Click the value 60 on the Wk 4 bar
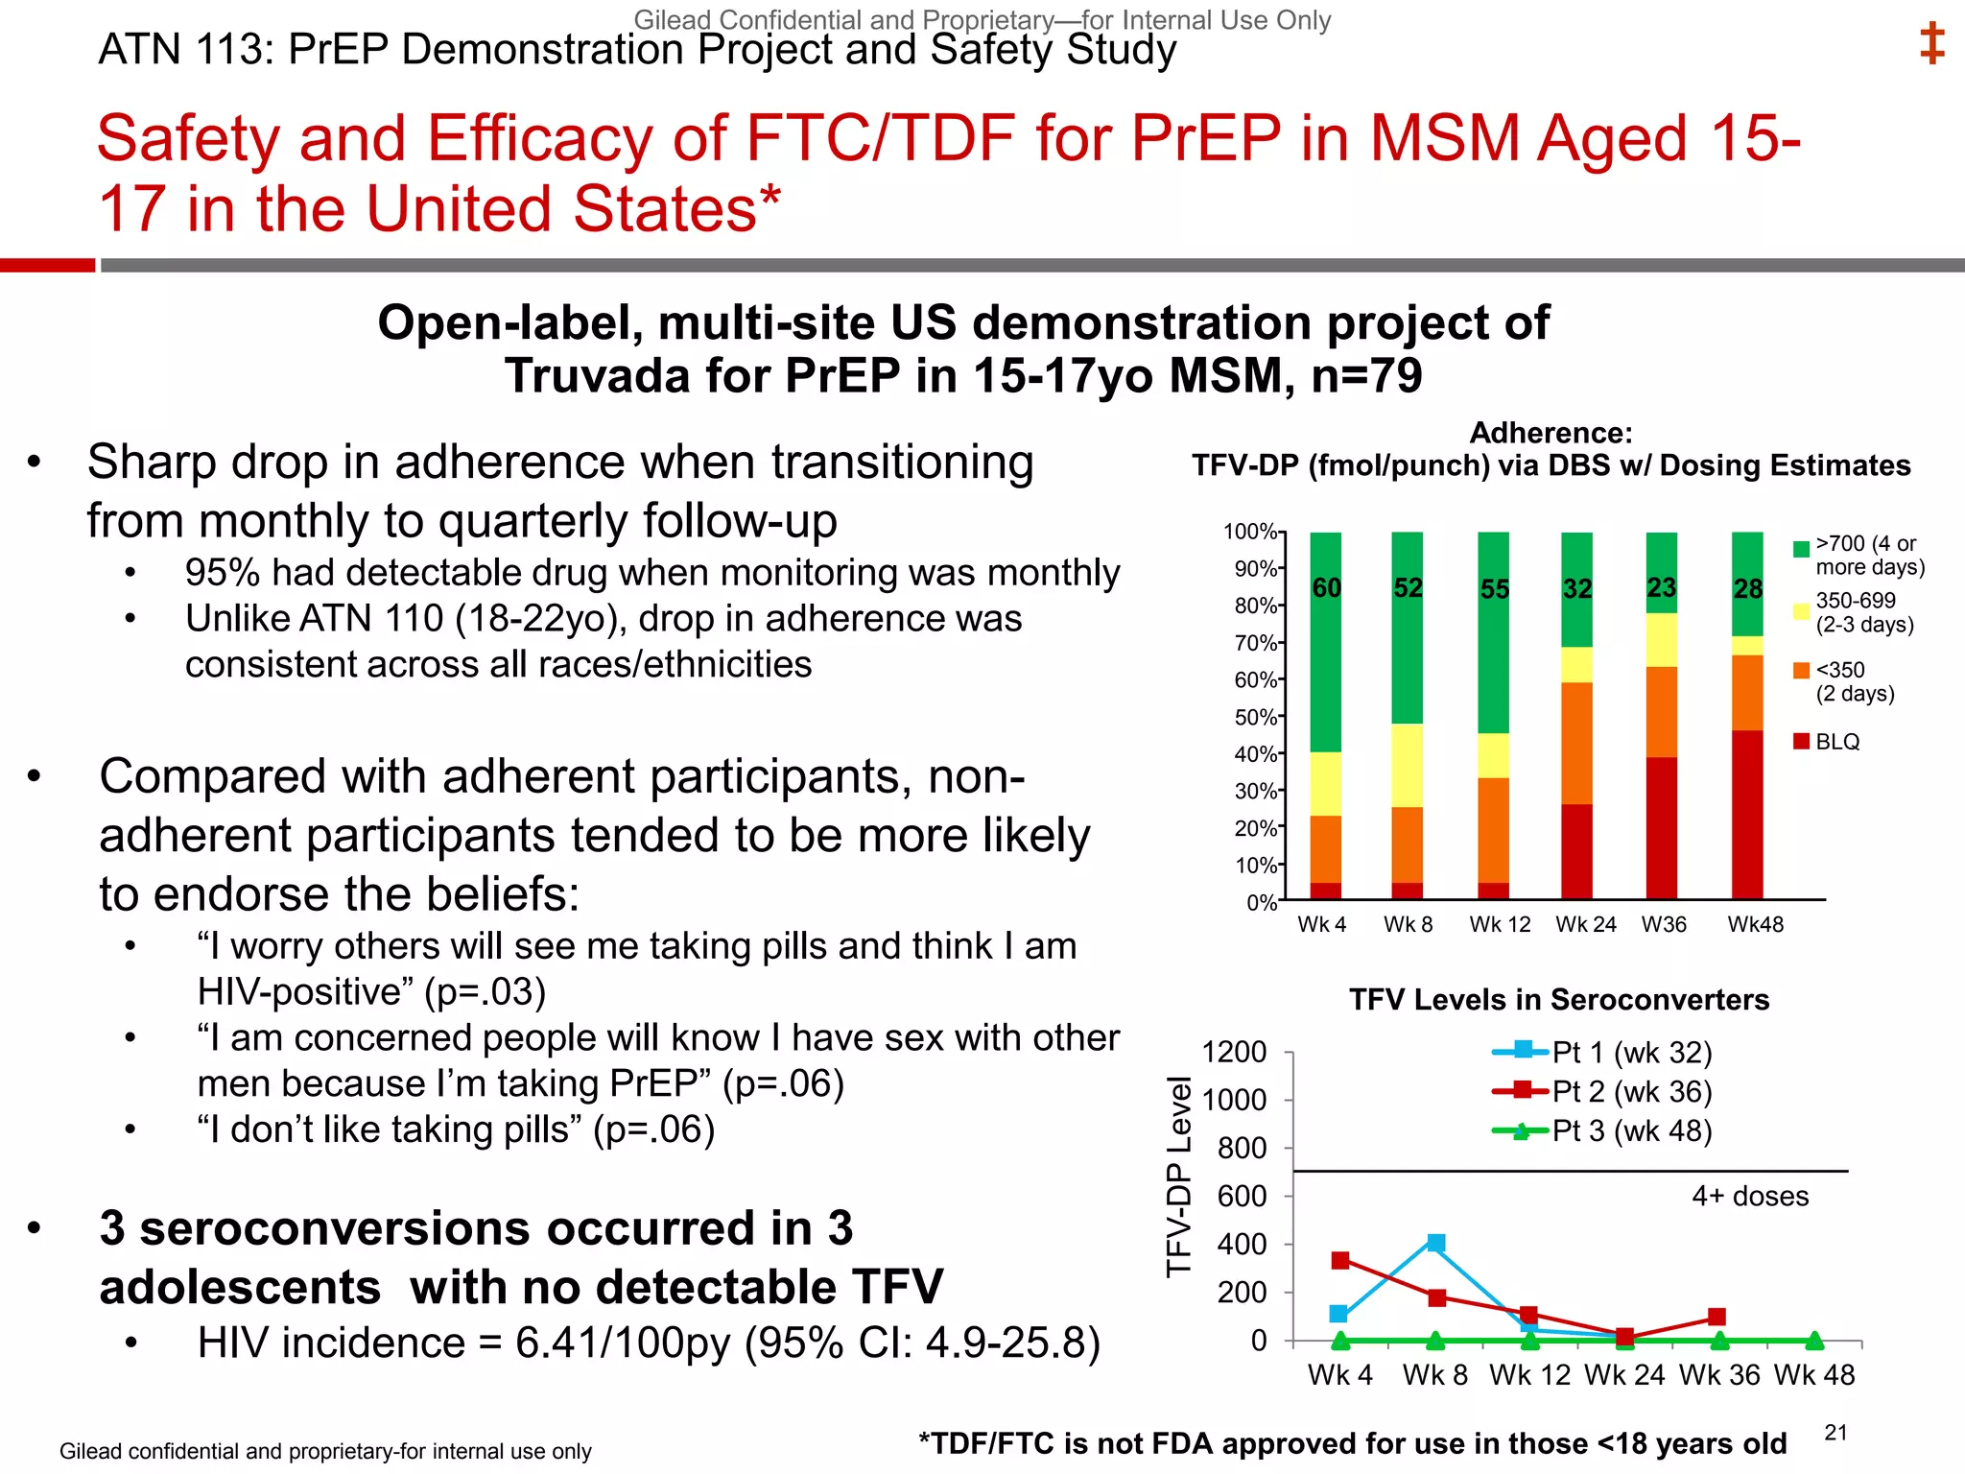coord(1326,588)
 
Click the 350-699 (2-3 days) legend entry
coord(1856,612)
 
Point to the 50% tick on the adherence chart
coord(1255,717)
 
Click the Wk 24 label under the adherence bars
coord(1585,924)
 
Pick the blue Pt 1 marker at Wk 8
coord(1435,1244)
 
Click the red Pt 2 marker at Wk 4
coord(1340,1260)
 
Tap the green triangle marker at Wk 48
coord(1813,1340)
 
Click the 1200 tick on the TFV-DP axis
coord(1234,1053)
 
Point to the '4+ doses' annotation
coord(1749,1196)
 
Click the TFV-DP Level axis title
coord(1178,1177)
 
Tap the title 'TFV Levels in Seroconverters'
coord(1558,1000)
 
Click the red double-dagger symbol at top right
coord(1931,44)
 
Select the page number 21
coord(1835,1433)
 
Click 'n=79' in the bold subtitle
coord(1366,376)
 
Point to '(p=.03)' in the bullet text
coord(485,992)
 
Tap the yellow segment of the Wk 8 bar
coord(1408,765)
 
